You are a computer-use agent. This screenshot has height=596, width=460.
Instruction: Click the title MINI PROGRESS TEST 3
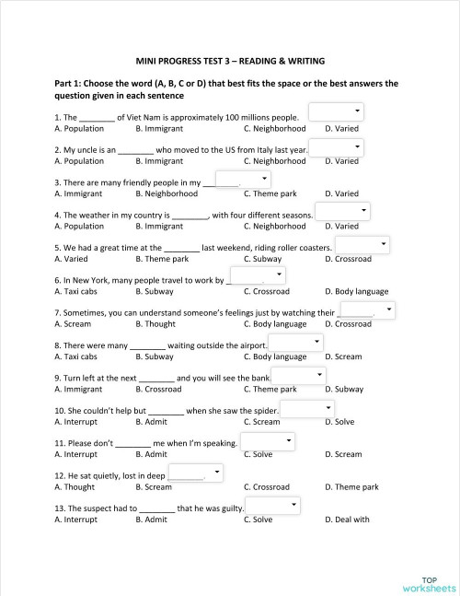pos(230,61)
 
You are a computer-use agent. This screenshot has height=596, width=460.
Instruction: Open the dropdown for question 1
pos(338,112)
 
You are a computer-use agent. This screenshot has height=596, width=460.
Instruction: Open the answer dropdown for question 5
pos(362,244)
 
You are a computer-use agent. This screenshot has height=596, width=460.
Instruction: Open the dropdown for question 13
pos(273,506)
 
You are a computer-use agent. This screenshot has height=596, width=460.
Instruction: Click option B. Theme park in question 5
pos(162,259)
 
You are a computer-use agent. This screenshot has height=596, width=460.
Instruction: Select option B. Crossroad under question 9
pos(158,390)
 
